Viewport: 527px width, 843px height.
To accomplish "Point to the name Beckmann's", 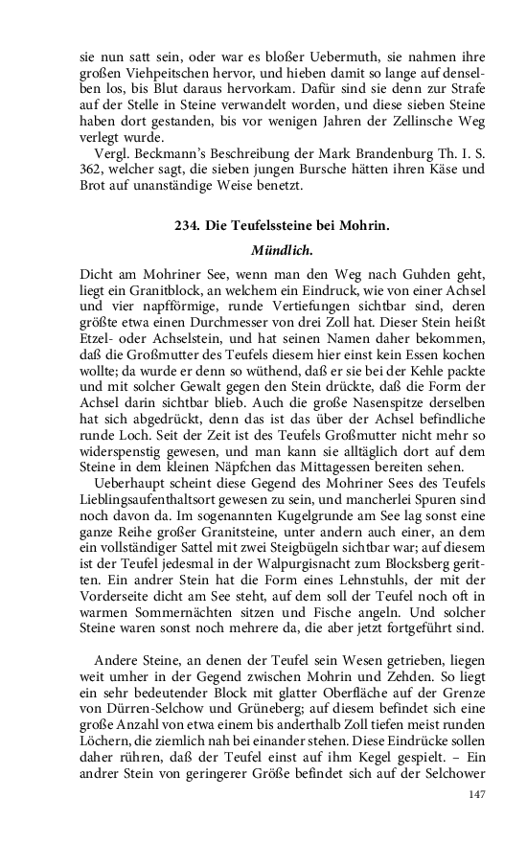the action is point(173,153).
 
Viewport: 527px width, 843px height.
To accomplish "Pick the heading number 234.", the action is point(188,226).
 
